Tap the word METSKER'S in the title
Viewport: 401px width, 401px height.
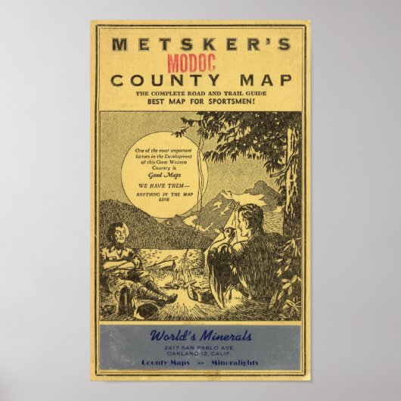coord(200,44)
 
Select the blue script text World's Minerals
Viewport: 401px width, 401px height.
coord(201,336)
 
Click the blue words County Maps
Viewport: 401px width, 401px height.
coord(164,363)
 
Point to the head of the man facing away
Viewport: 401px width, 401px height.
coord(250,220)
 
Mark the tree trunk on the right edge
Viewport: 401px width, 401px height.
coord(291,182)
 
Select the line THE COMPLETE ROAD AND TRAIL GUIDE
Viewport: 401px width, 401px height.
coord(201,92)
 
